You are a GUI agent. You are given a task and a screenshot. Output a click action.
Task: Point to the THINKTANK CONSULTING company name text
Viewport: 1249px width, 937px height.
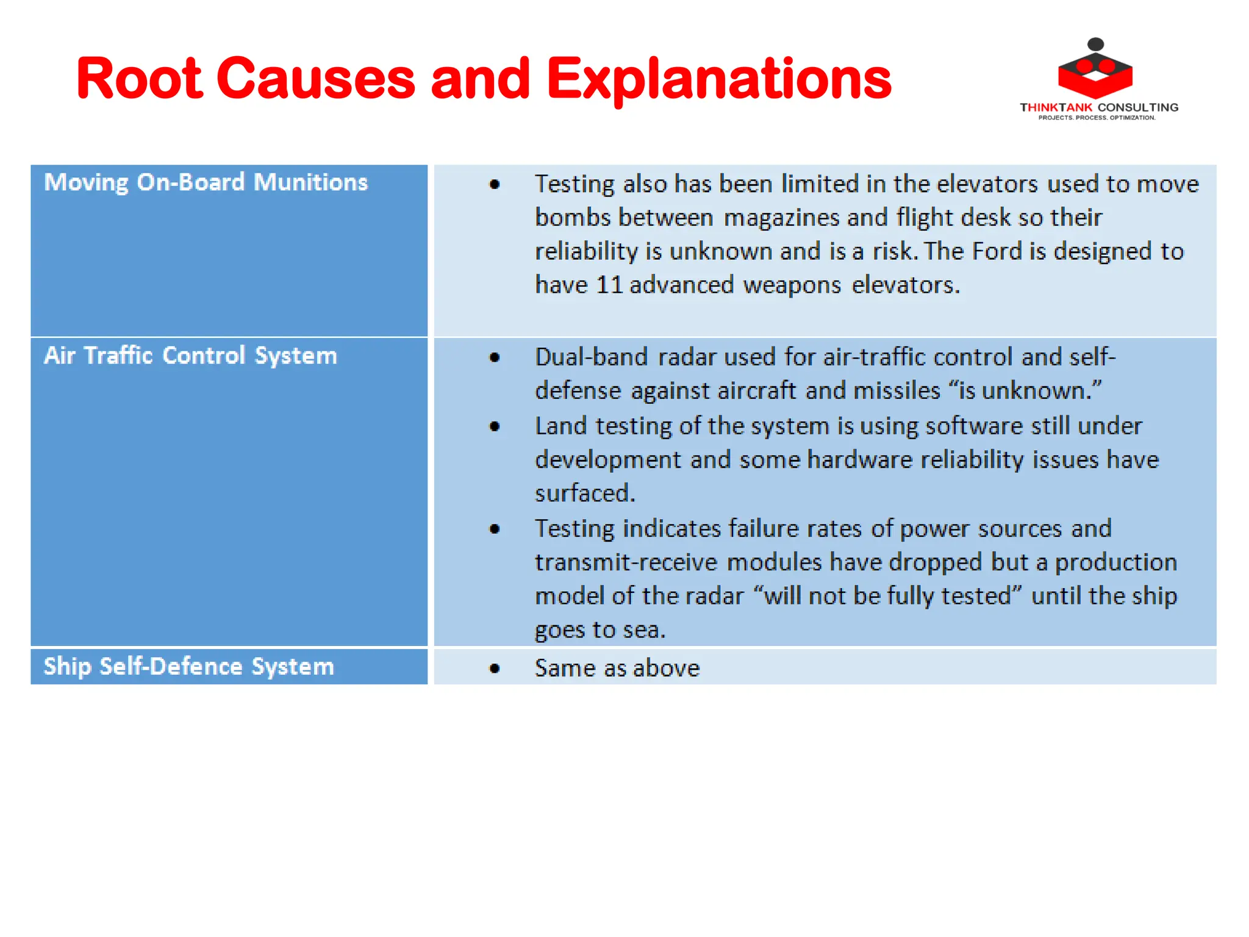tap(1099, 107)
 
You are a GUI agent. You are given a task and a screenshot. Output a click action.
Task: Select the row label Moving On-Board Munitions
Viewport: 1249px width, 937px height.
tap(206, 182)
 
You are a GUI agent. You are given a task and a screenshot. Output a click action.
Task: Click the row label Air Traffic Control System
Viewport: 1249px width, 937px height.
tap(190, 356)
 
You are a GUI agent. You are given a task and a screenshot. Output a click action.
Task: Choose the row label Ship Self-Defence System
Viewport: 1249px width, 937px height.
tap(189, 666)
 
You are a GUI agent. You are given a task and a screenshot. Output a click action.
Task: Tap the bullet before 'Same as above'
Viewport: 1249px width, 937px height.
tap(495, 669)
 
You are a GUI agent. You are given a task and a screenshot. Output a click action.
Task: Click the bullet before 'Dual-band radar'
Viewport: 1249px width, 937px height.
tap(495, 358)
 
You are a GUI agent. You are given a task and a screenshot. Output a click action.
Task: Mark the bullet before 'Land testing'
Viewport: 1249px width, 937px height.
tap(495, 426)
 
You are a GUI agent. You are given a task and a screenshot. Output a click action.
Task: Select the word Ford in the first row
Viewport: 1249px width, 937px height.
tap(997, 251)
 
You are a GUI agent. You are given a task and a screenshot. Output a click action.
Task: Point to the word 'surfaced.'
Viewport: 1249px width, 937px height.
tap(585, 494)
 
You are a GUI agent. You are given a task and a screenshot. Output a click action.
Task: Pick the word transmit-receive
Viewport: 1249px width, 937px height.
tap(626, 562)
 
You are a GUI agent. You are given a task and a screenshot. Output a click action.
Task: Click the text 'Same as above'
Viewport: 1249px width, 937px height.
tap(617, 669)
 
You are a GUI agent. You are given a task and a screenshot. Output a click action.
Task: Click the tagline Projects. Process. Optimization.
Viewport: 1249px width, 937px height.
tap(1097, 118)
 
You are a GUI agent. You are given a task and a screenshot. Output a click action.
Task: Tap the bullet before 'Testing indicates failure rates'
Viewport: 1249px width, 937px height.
tap(495, 530)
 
